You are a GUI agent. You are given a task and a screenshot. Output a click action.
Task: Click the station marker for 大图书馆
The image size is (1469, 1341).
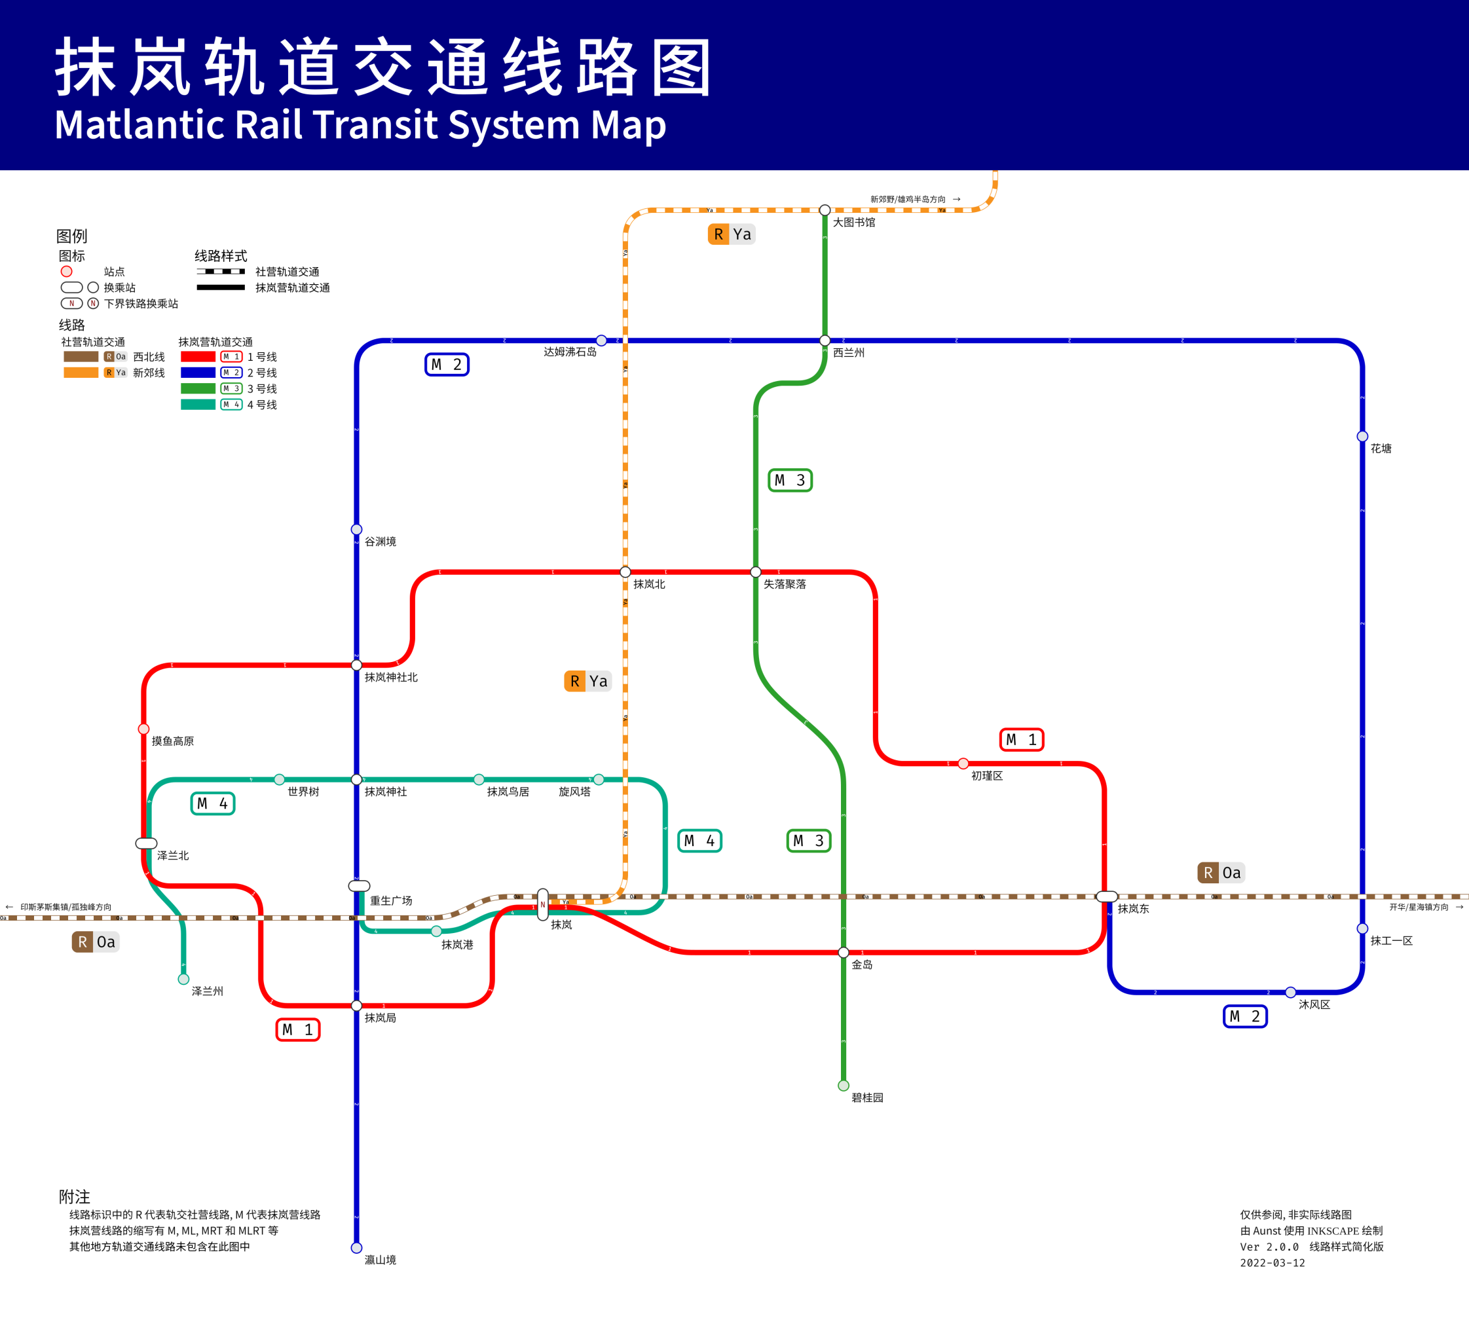pos(825,210)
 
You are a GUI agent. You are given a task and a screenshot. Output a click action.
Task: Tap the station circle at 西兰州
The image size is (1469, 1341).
pos(825,340)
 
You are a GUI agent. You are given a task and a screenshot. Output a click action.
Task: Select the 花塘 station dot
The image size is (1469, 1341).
pos(1362,436)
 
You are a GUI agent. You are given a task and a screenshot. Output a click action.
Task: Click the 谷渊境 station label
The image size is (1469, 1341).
pos(381,542)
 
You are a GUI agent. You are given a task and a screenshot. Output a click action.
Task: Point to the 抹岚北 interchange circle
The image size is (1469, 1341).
pos(625,572)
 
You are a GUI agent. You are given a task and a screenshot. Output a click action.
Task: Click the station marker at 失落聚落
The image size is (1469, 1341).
pos(756,572)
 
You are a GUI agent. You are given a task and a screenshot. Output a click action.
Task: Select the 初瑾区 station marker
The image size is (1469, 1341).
pos(963,763)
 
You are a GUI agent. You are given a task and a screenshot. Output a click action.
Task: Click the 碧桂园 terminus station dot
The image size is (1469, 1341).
pos(844,1086)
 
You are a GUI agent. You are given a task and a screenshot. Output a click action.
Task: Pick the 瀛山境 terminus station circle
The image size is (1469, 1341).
pos(356,1248)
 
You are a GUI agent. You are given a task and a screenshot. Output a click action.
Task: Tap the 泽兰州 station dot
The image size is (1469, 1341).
pos(183,979)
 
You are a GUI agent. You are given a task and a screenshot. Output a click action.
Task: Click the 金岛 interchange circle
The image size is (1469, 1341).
pos(844,952)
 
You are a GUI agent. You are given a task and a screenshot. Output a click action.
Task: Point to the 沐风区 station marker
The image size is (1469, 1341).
pos(1290,992)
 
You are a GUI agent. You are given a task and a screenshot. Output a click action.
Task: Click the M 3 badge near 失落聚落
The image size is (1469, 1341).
pos(790,480)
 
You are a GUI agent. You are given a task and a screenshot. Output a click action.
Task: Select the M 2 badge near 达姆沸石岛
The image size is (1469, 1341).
pos(447,364)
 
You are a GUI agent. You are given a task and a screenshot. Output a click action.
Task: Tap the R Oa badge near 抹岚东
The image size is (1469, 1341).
pos(1221,873)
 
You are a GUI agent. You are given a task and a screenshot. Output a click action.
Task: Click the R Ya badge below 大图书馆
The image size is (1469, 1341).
pos(732,234)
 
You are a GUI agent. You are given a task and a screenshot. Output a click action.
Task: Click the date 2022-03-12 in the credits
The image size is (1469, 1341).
pos(1273,1263)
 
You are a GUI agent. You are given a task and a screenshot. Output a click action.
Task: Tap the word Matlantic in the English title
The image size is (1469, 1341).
pos(138,124)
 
